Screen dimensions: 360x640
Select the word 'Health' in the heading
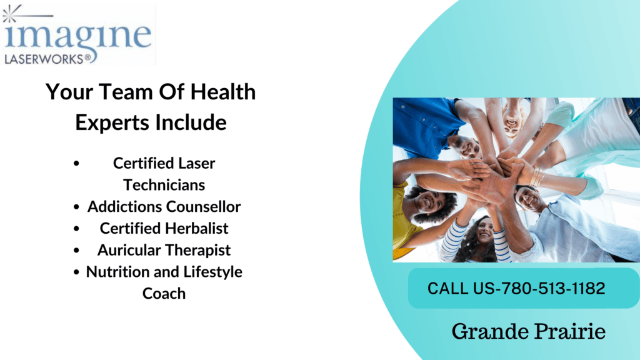point(223,92)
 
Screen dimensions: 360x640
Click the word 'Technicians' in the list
point(164,185)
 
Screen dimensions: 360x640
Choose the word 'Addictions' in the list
point(122,206)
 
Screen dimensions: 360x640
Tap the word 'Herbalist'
point(196,228)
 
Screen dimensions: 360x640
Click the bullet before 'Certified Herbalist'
point(76,228)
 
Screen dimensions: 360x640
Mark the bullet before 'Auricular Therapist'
point(76,250)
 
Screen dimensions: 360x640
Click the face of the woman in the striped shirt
point(484,231)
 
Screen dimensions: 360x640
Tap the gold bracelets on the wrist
point(536,178)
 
